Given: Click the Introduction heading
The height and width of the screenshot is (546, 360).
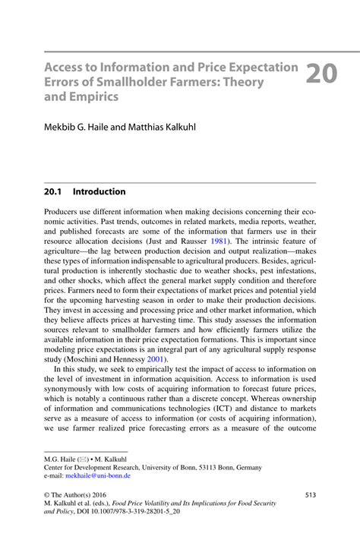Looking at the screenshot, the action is tap(99, 192).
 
